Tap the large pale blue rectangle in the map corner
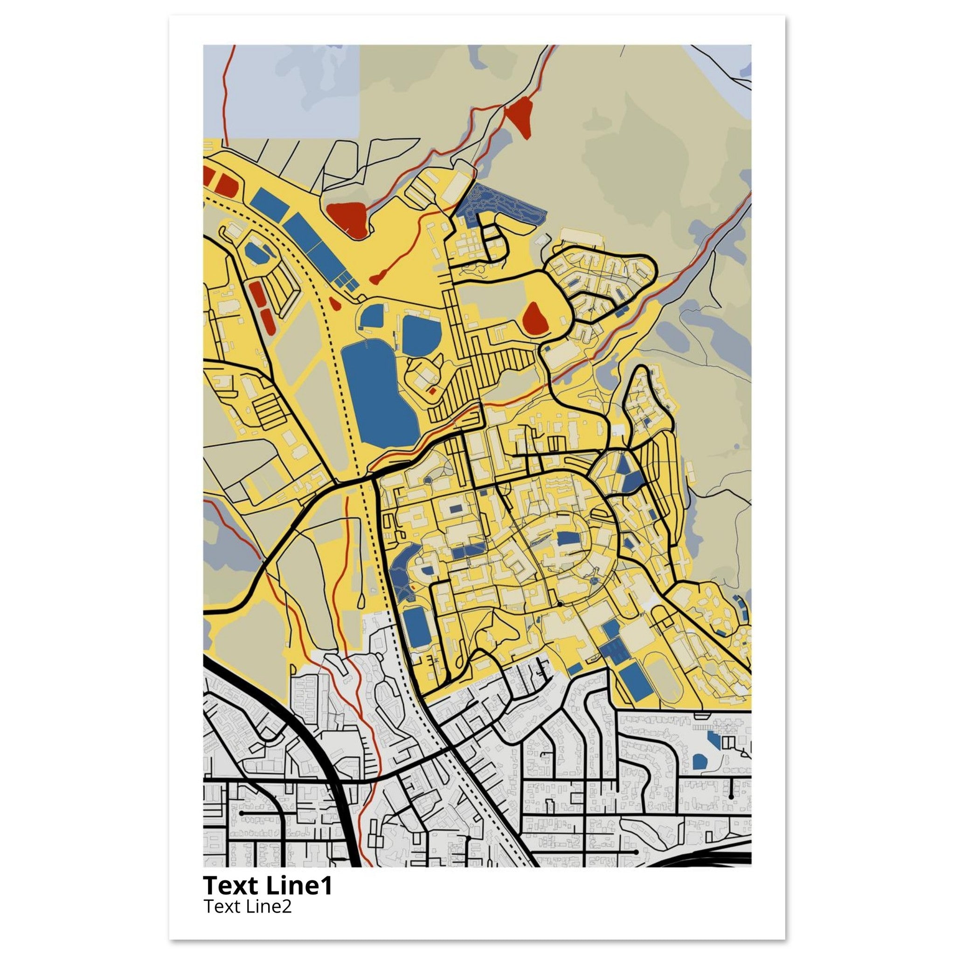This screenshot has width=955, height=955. pos(281,91)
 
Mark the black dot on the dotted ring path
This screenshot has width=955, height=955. pos(560,604)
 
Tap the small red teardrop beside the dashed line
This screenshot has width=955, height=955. pos(334,304)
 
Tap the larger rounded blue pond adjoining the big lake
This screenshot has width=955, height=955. pos(421,335)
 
